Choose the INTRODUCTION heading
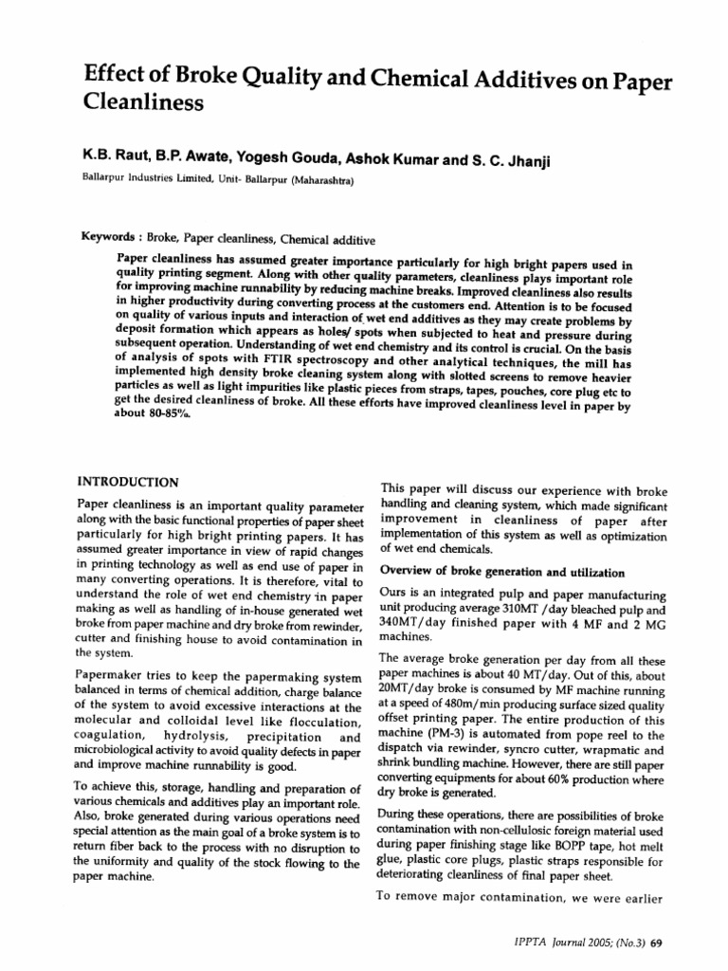126,483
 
